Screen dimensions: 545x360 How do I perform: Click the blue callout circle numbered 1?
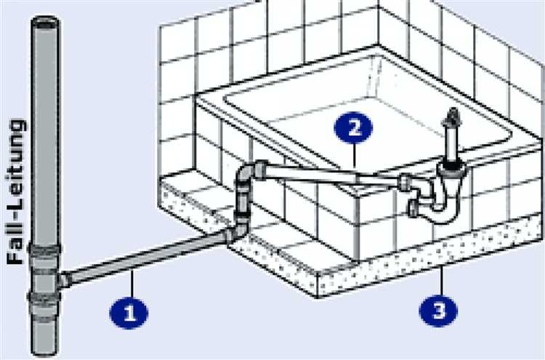(x=129, y=313)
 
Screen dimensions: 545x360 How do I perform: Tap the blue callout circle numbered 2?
(x=353, y=127)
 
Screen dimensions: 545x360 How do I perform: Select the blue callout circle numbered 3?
(x=438, y=311)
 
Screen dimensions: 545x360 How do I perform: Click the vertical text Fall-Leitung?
(x=16, y=192)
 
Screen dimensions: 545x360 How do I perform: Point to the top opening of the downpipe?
(x=45, y=24)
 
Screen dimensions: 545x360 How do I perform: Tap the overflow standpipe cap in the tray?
(x=453, y=117)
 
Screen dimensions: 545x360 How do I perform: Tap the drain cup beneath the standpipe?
(x=451, y=171)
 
